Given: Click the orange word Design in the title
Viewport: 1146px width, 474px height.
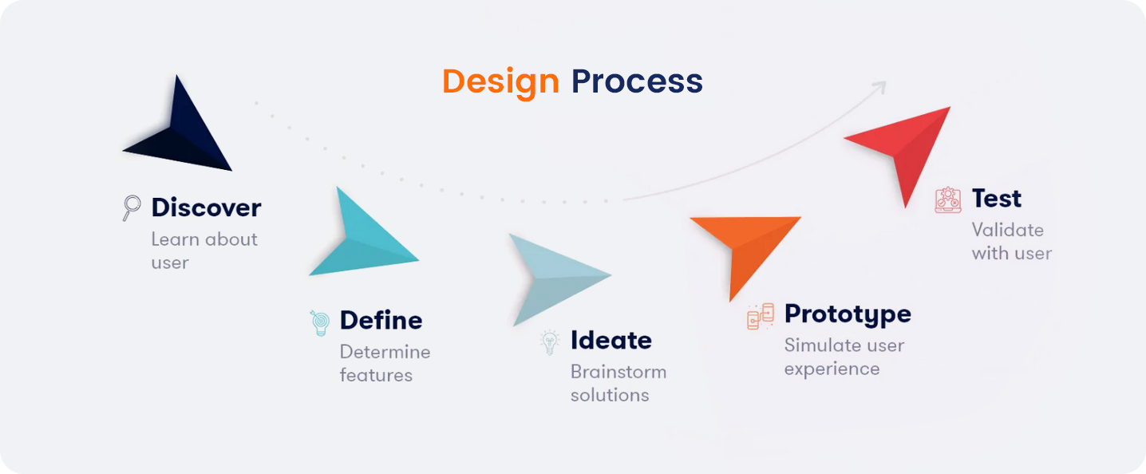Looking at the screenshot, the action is click(500, 83).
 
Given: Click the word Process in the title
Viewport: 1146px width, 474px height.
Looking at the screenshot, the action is click(637, 81).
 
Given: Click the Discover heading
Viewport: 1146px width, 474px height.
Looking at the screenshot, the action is click(206, 207).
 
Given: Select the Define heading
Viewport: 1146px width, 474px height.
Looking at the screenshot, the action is click(381, 320).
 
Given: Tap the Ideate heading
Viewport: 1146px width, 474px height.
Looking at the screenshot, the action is click(611, 340).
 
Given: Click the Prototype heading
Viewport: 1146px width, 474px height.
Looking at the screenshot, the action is click(848, 314).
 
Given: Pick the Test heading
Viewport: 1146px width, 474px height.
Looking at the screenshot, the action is click(997, 198).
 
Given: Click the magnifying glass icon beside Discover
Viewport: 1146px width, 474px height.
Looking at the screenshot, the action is click(132, 207).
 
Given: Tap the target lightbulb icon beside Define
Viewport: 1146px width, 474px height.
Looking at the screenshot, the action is click(320, 322).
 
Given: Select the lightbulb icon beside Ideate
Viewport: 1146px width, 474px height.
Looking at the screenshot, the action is click(550, 342).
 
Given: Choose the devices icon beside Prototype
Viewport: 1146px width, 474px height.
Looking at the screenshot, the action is click(761, 316).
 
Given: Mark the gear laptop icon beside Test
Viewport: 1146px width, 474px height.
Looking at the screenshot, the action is click(948, 199).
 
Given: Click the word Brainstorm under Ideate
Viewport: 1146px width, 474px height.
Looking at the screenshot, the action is click(618, 372).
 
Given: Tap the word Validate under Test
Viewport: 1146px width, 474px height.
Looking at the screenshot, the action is click(1008, 230).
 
